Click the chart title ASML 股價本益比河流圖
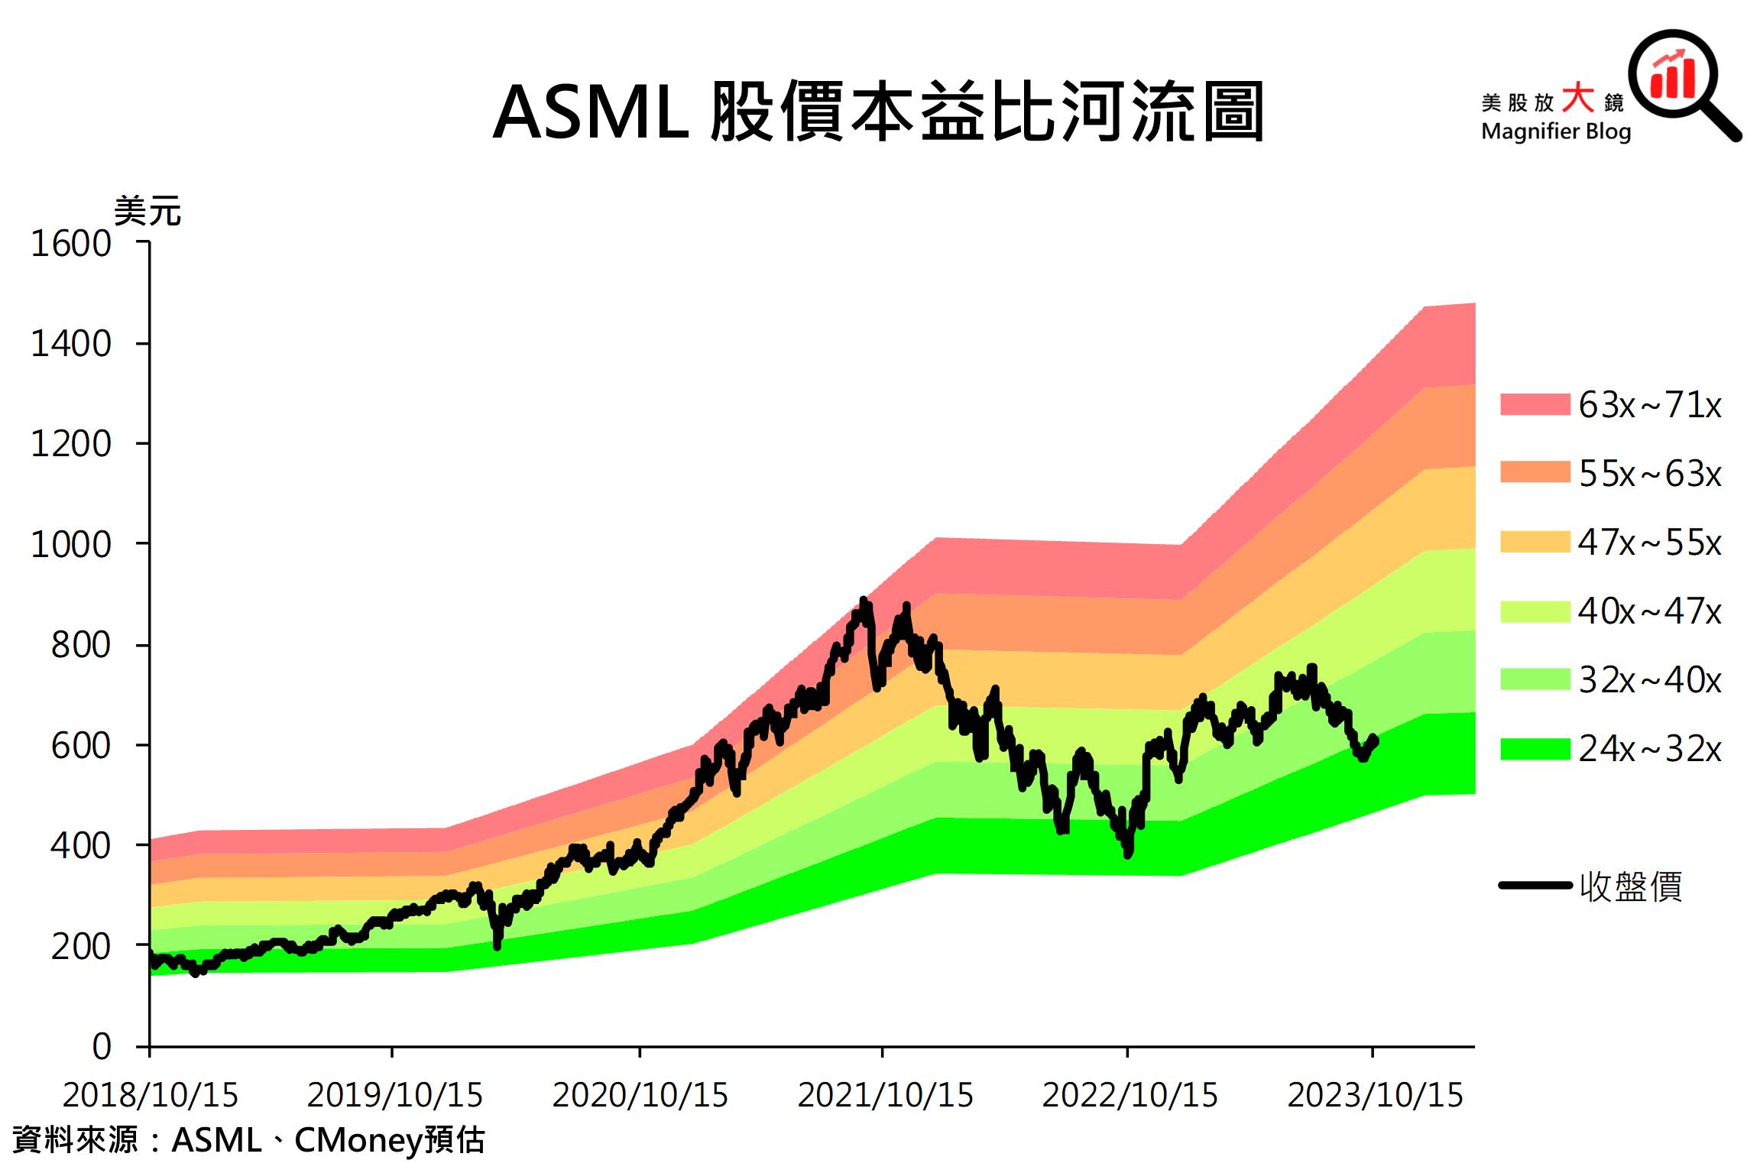tap(878, 113)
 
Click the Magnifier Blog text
tap(1555, 131)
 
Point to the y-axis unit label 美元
tap(147, 211)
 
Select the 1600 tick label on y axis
tap(70, 245)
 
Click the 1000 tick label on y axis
tap(70, 545)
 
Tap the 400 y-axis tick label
tap(80, 846)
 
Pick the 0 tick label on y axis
tap(102, 1046)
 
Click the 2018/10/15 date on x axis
tap(151, 1095)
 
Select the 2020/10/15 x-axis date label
tap(640, 1095)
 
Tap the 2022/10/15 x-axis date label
tap(1130, 1095)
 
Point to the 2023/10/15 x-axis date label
tap(1374, 1095)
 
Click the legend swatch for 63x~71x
tap(1535, 404)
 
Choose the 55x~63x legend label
tap(1650, 474)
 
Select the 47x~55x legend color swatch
tap(1535, 542)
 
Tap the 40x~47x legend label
tap(1650, 611)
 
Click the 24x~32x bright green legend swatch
tap(1535, 748)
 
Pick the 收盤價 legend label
tap(1631, 886)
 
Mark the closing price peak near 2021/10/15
tap(864, 601)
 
